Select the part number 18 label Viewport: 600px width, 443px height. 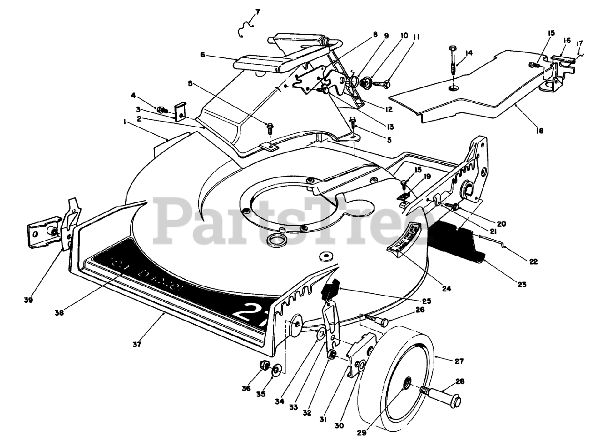[540, 131]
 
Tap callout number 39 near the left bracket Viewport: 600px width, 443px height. [28, 300]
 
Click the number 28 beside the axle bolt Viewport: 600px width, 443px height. [460, 382]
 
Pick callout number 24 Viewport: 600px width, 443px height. [446, 289]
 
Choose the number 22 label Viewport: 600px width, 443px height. [533, 261]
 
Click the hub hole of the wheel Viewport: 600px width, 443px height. [407, 384]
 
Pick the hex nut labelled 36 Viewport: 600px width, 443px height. [263, 365]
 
